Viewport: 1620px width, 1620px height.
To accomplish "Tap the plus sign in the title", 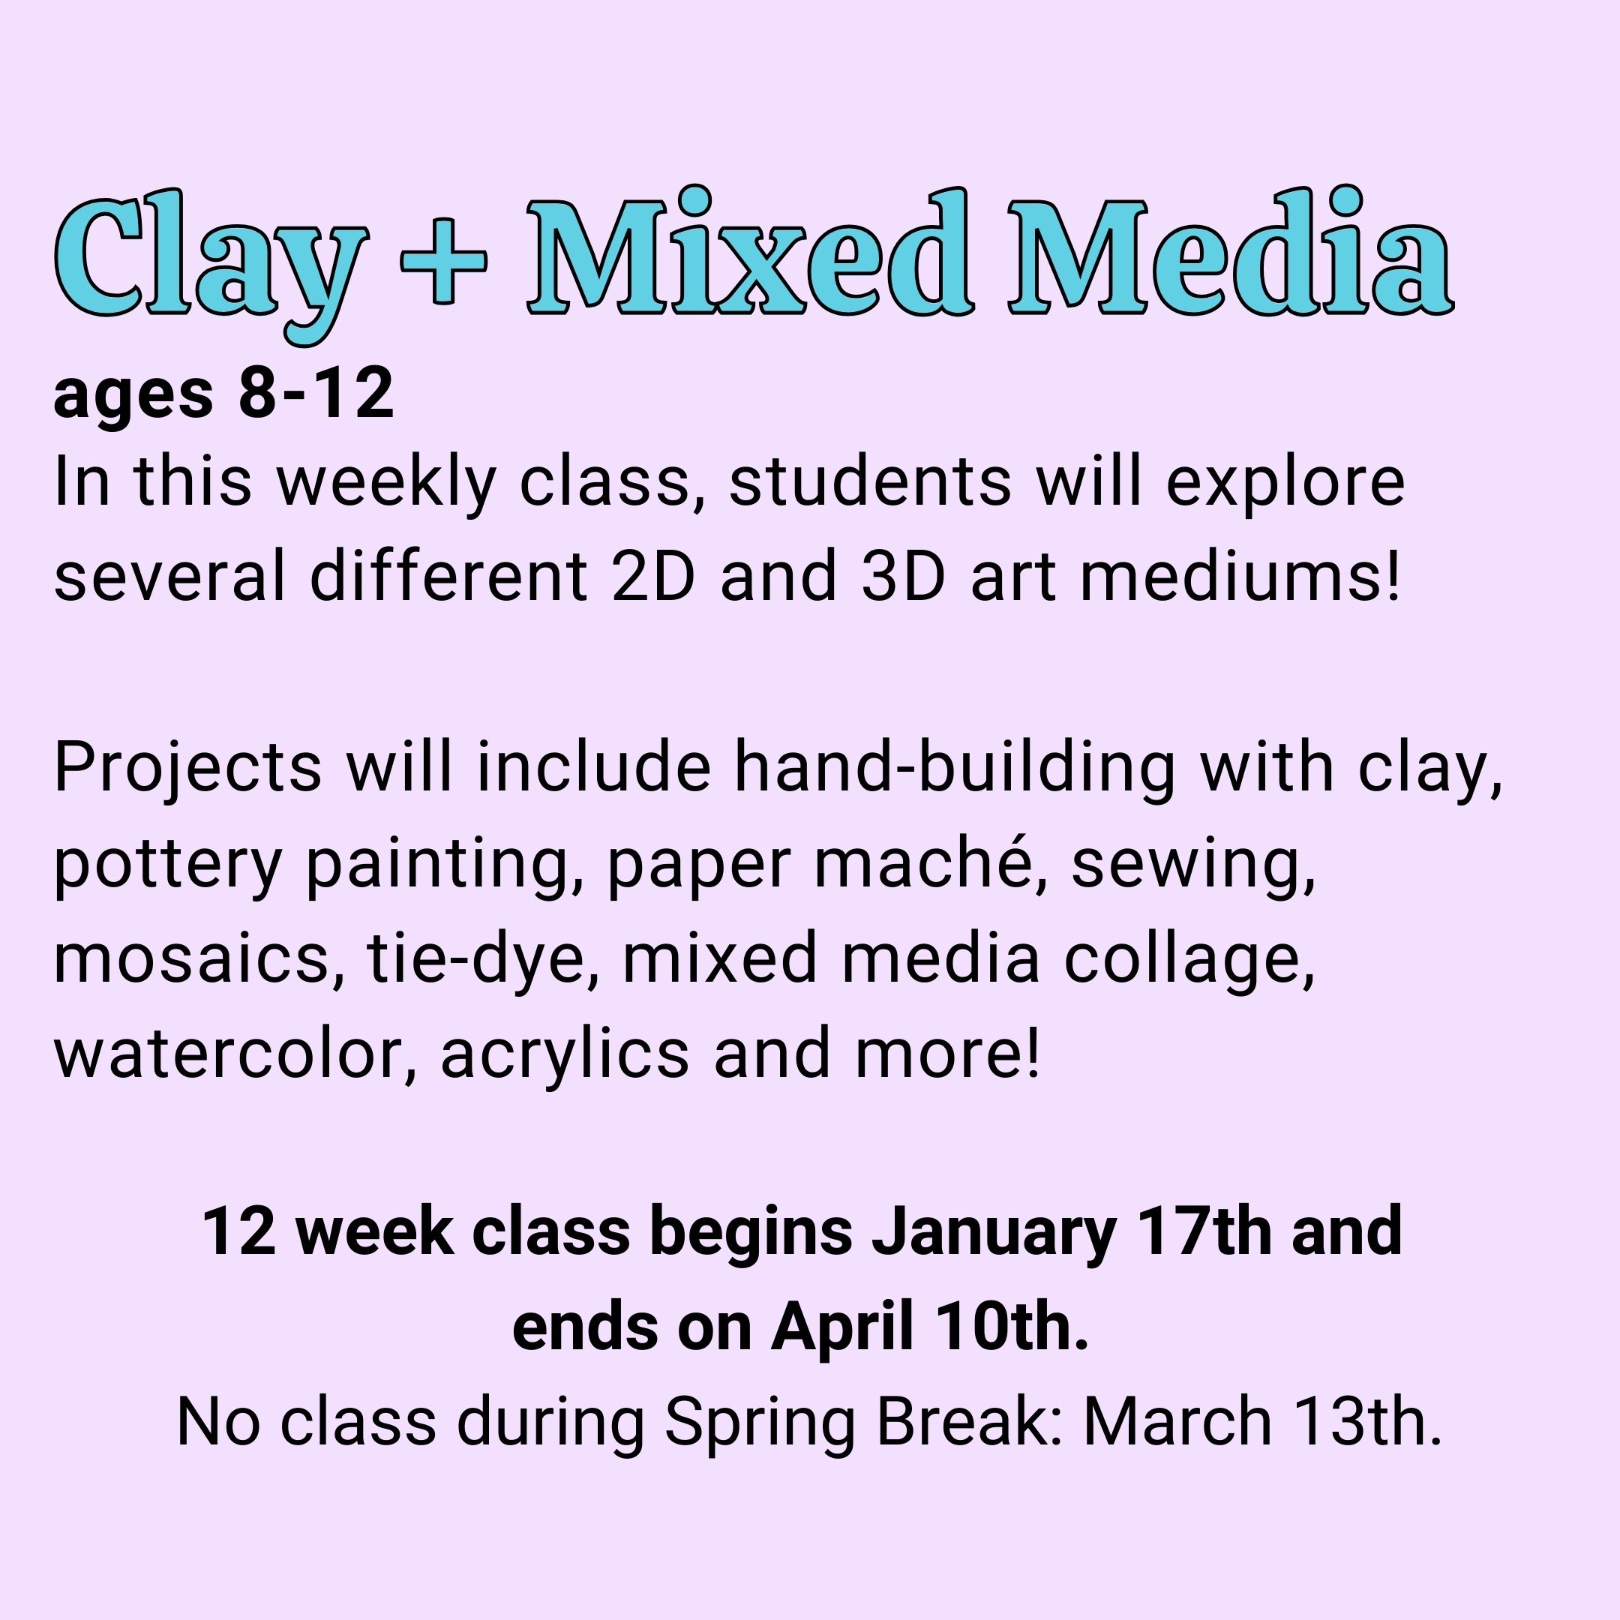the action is click(x=443, y=261).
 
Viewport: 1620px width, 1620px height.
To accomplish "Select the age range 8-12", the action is click(x=316, y=393).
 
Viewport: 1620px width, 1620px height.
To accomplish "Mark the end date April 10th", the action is click(x=929, y=1329).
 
